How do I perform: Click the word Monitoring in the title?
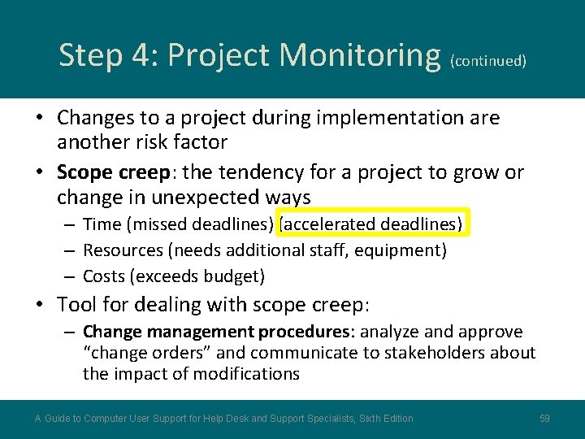point(360,55)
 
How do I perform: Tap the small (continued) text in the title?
point(488,61)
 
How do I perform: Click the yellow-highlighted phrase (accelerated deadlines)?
point(373,224)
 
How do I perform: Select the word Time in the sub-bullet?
point(101,224)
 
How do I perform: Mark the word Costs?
point(104,276)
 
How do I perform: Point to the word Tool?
point(75,305)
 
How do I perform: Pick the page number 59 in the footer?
point(545,419)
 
